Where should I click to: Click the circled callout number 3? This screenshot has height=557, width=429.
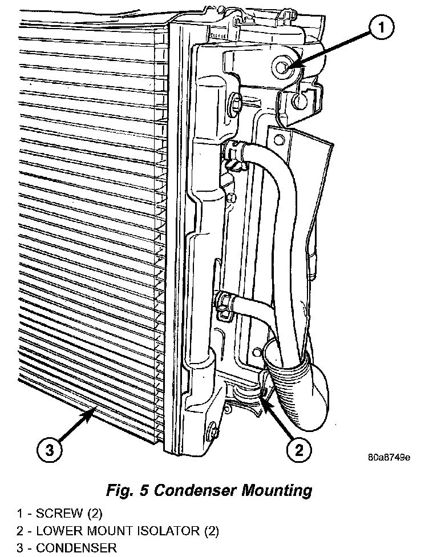tap(50, 450)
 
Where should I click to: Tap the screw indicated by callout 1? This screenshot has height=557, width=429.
tap(282, 68)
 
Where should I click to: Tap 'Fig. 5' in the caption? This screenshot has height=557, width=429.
tap(128, 490)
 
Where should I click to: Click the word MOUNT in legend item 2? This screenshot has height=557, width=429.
tap(106, 531)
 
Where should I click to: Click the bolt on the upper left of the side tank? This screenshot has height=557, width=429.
tap(236, 104)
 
